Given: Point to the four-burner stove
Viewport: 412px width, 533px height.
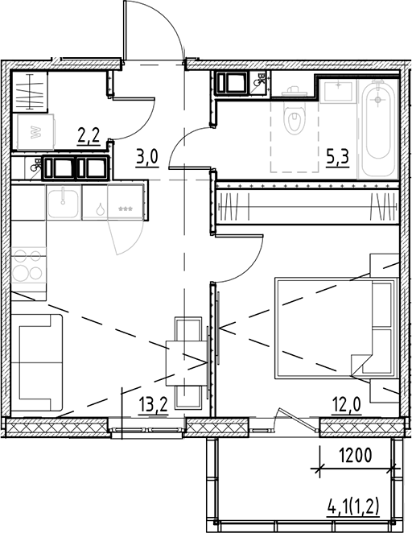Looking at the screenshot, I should pyautogui.click(x=29, y=266).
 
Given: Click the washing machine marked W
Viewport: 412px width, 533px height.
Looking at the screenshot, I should pyautogui.click(x=35, y=131).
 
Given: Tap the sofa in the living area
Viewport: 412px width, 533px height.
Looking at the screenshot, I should pyautogui.click(x=38, y=362).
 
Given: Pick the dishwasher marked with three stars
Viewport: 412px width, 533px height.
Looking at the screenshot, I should pyautogui.click(x=126, y=208).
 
